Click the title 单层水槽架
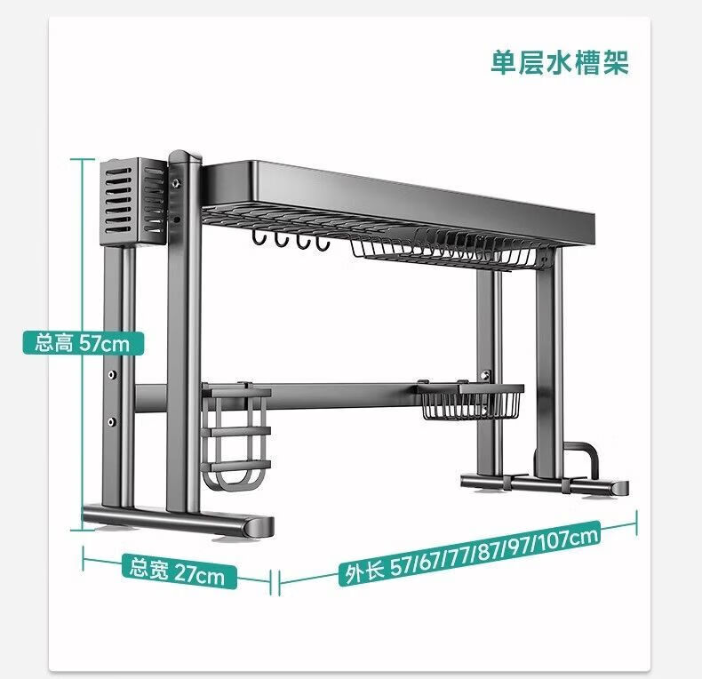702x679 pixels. [x=560, y=62]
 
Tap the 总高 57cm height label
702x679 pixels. [x=84, y=344]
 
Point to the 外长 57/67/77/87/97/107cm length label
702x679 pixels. [x=469, y=553]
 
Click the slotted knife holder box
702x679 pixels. [x=133, y=202]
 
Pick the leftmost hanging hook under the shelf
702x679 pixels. [x=259, y=238]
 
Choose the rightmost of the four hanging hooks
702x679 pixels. [x=323, y=243]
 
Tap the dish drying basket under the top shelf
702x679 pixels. [x=443, y=250]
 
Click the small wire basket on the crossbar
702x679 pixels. [x=470, y=401]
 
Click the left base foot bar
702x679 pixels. [x=179, y=521]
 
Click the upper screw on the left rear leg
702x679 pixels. [x=112, y=374]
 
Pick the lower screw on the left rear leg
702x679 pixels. [x=111, y=421]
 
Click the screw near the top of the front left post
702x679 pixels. [x=176, y=183]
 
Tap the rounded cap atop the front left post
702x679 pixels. [x=185, y=156]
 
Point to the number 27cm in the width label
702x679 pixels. [x=199, y=574]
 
